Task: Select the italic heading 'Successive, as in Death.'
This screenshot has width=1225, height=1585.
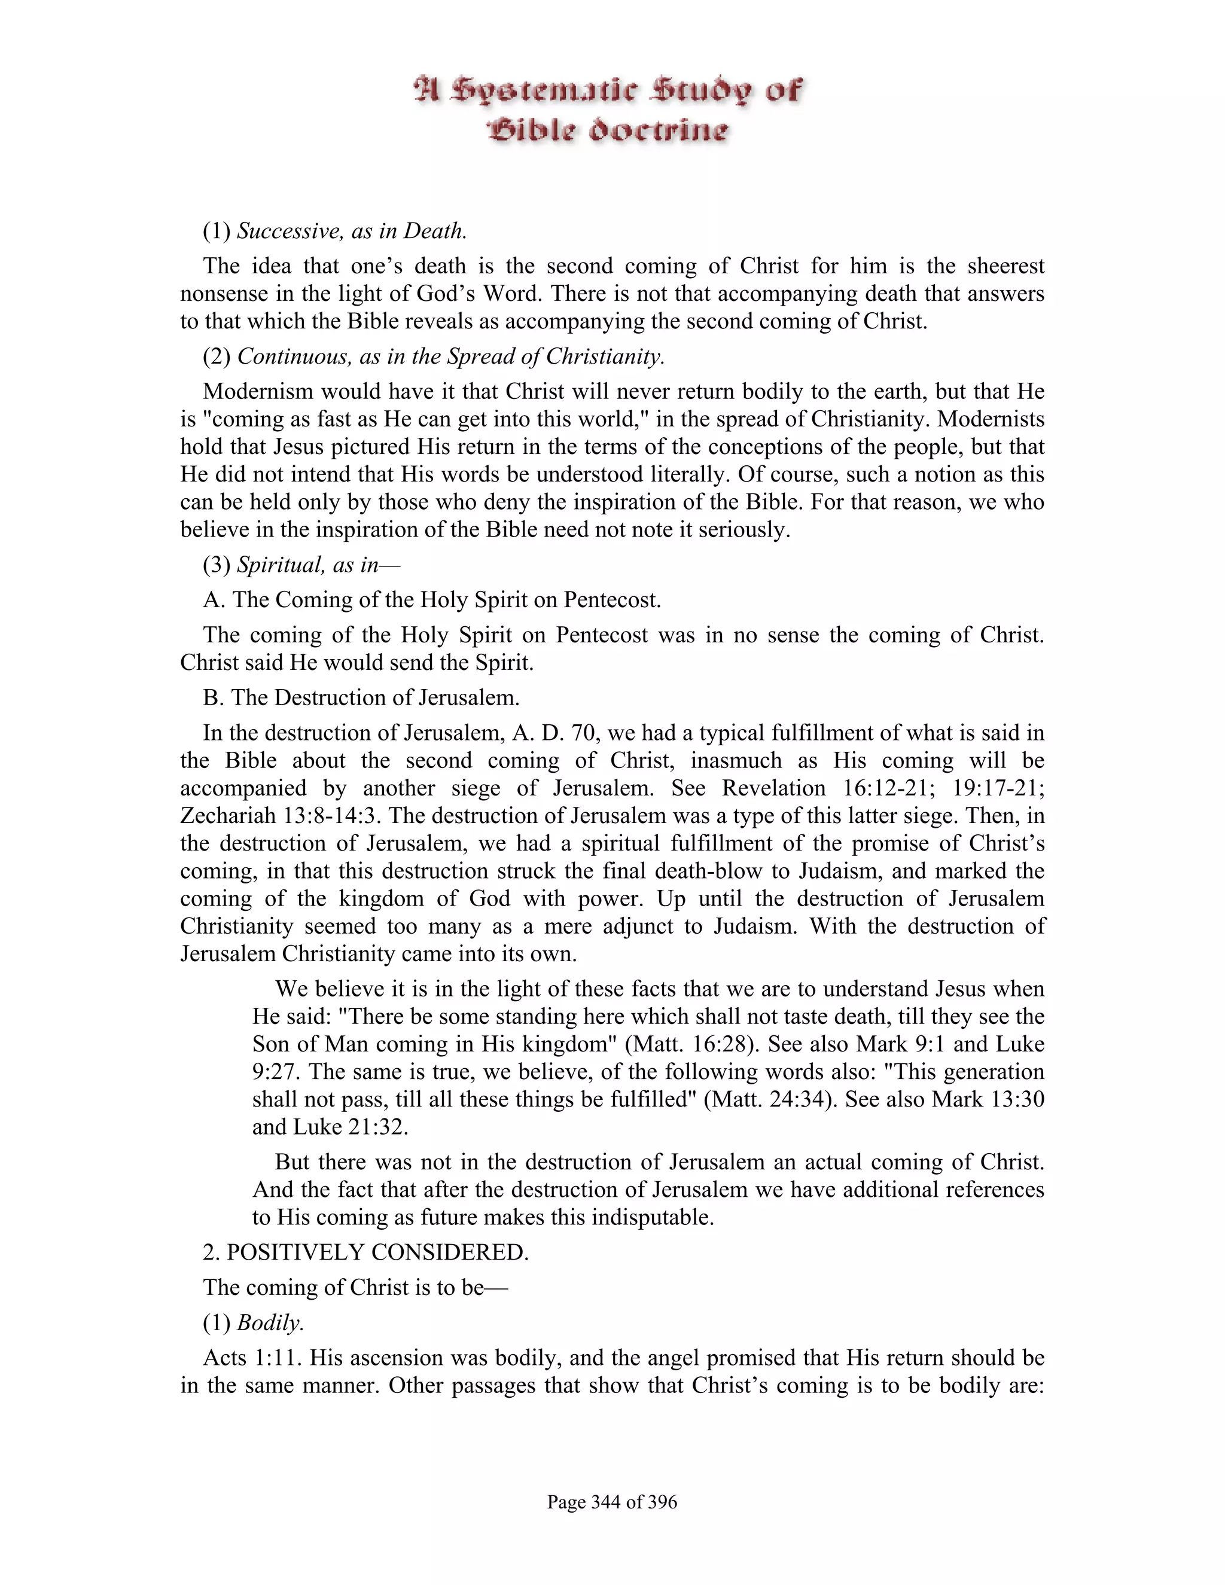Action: [x=352, y=231]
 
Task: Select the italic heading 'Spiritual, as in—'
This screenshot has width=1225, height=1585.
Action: [x=319, y=565]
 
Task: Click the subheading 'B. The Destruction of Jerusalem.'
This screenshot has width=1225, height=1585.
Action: [x=361, y=697]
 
